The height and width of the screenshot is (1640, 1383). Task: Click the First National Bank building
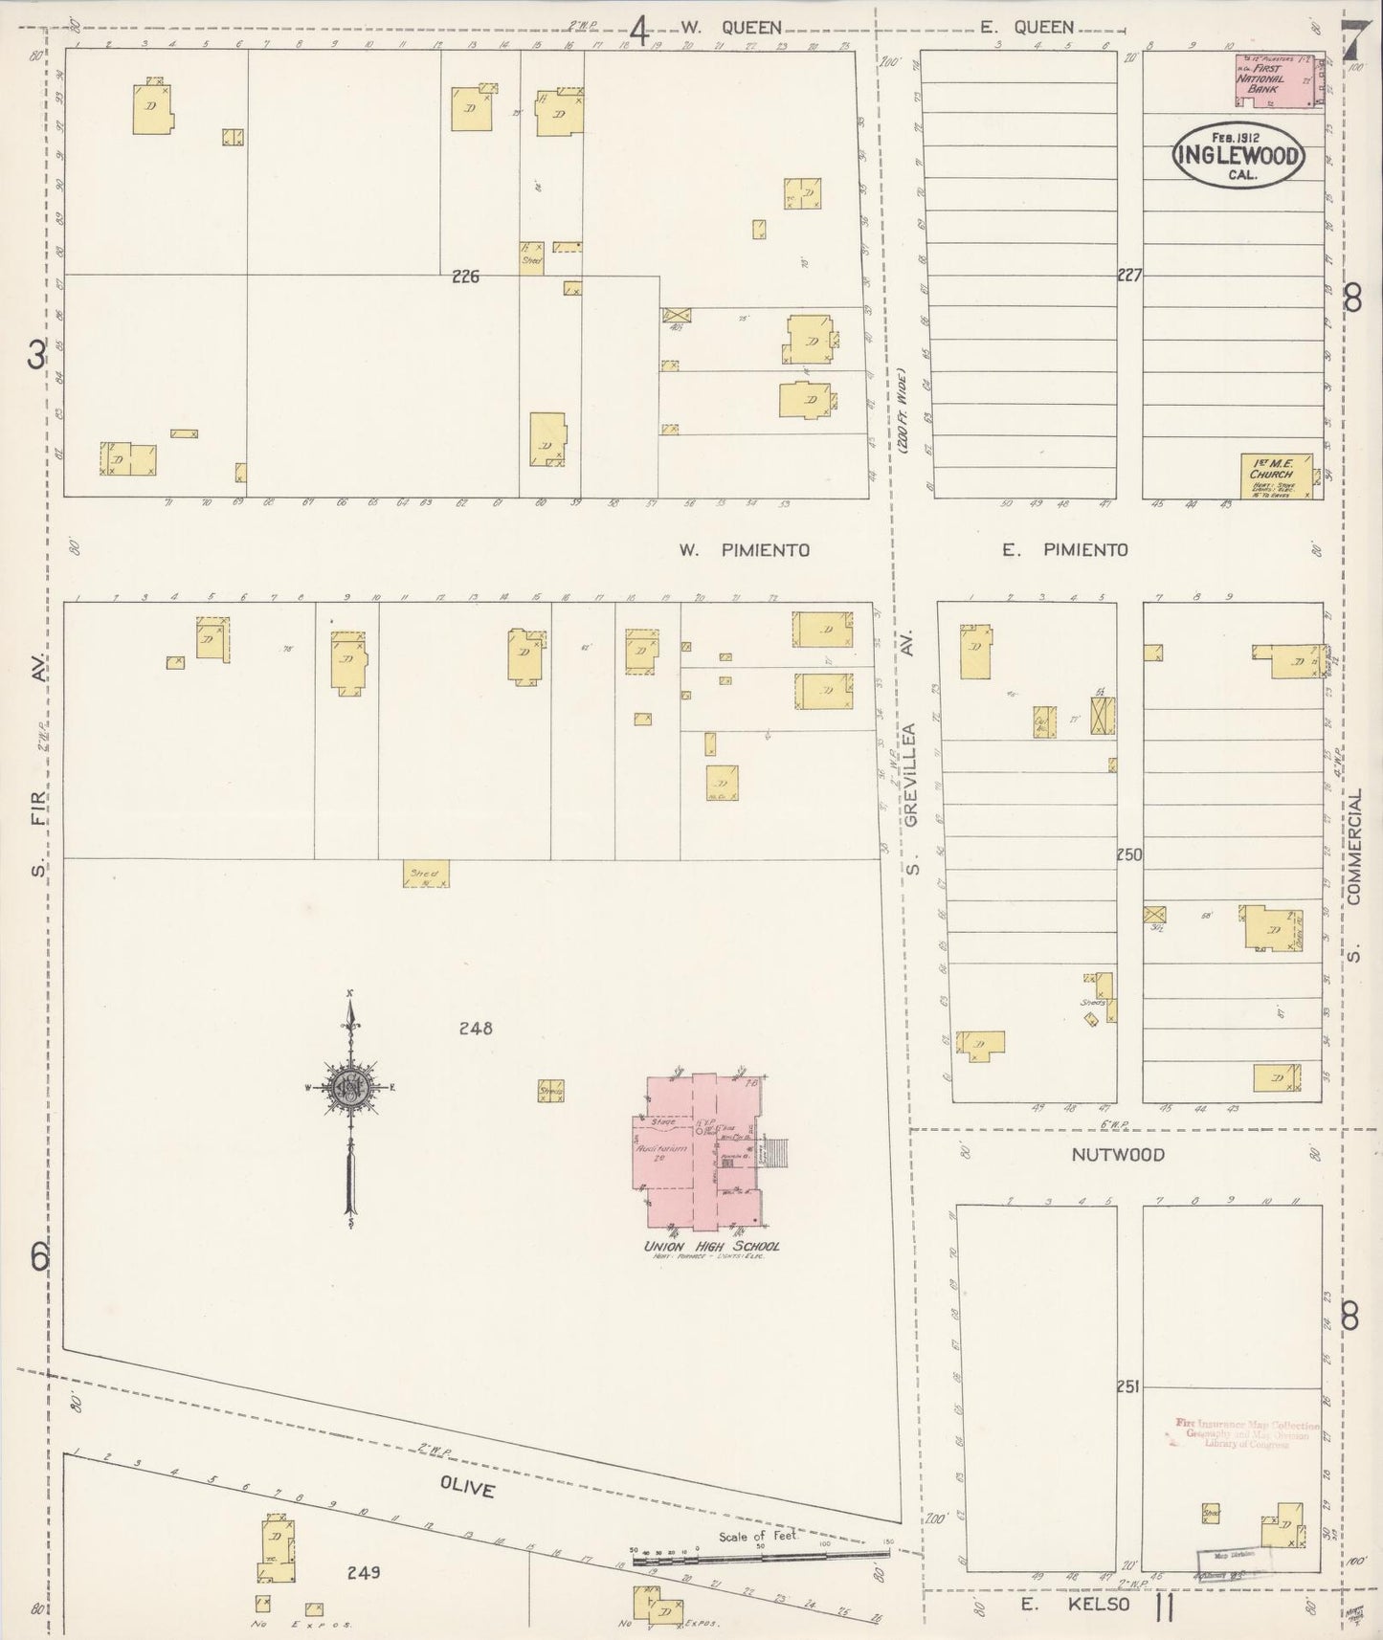pyautogui.click(x=1278, y=80)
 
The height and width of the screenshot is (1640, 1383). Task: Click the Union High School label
pyautogui.click(x=712, y=1246)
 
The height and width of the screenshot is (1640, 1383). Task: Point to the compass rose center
pyautogui.click(x=349, y=1087)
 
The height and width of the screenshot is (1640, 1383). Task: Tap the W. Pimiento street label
pyautogui.click(x=744, y=550)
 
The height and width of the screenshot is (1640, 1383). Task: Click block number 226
pyautogui.click(x=465, y=277)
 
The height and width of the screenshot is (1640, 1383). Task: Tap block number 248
pyautogui.click(x=475, y=1029)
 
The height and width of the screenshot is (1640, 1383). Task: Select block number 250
pyautogui.click(x=1129, y=855)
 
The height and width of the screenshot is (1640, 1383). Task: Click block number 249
pyautogui.click(x=364, y=1571)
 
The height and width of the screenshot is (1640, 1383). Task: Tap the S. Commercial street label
pyautogui.click(x=1354, y=860)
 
